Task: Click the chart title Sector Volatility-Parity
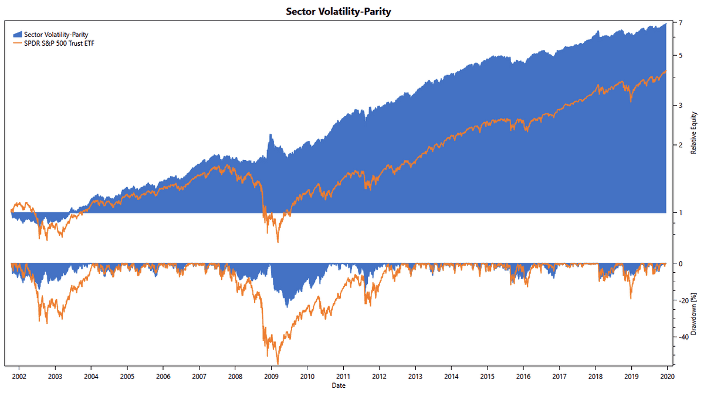(x=338, y=11)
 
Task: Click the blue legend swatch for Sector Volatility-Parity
(x=16, y=34)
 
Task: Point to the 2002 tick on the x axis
(x=19, y=376)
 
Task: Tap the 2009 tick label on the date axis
(x=271, y=376)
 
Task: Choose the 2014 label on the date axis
(x=451, y=376)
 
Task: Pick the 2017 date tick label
(x=559, y=376)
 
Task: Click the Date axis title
(x=338, y=385)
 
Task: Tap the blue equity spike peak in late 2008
(x=270, y=134)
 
